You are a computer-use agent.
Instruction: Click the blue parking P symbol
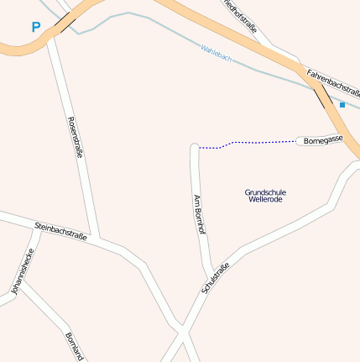tap(35, 27)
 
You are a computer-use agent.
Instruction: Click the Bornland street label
tap(74, 346)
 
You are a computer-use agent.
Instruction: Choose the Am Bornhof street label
tap(200, 213)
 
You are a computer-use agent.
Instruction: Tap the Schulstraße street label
tap(216, 278)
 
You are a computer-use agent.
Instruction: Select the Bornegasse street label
tap(324, 140)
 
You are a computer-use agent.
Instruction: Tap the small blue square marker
tap(342, 104)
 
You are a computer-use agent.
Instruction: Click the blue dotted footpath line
tap(252, 143)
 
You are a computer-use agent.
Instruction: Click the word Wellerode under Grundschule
tap(265, 200)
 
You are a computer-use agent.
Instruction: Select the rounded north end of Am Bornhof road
tap(195, 148)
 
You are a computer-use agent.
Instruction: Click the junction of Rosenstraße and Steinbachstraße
tap(99, 240)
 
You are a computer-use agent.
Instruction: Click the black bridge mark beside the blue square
tap(321, 98)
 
